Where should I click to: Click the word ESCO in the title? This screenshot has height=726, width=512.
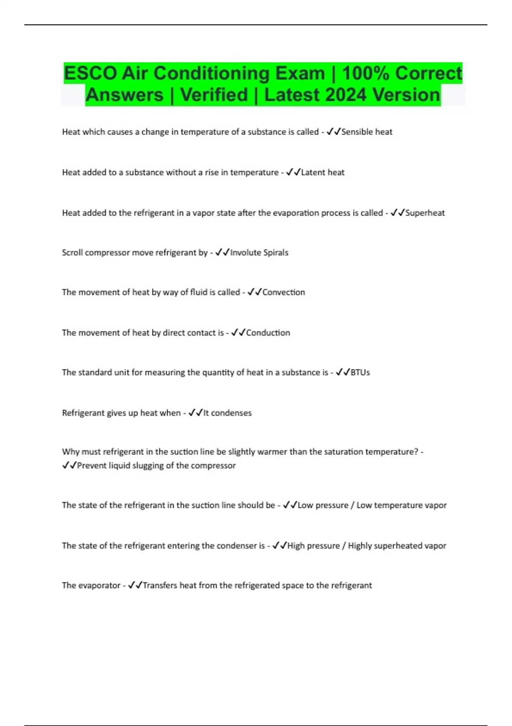tap(90, 73)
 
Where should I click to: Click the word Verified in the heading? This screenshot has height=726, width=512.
tap(214, 95)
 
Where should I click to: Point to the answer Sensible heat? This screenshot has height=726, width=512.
tap(367, 132)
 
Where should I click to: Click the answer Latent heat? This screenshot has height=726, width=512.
tap(323, 173)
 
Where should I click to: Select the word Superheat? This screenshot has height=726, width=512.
tap(425, 213)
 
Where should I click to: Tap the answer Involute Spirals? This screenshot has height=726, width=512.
tap(259, 252)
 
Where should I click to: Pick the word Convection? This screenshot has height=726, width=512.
tap(283, 292)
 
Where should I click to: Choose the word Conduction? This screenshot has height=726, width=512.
tap(268, 333)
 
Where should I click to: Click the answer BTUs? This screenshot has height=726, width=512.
tap(360, 372)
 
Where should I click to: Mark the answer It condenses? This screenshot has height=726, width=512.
tap(227, 413)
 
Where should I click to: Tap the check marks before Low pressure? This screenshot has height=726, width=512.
tap(290, 505)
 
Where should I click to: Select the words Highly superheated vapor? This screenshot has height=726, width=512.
tap(397, 546)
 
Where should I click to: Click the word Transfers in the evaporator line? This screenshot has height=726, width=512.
tap(160, 585)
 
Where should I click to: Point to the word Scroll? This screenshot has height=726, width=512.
tap(72, 252)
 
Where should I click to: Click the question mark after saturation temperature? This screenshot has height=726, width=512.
tap(416, 452)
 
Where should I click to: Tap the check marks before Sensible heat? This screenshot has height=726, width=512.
tap(334, 132)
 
